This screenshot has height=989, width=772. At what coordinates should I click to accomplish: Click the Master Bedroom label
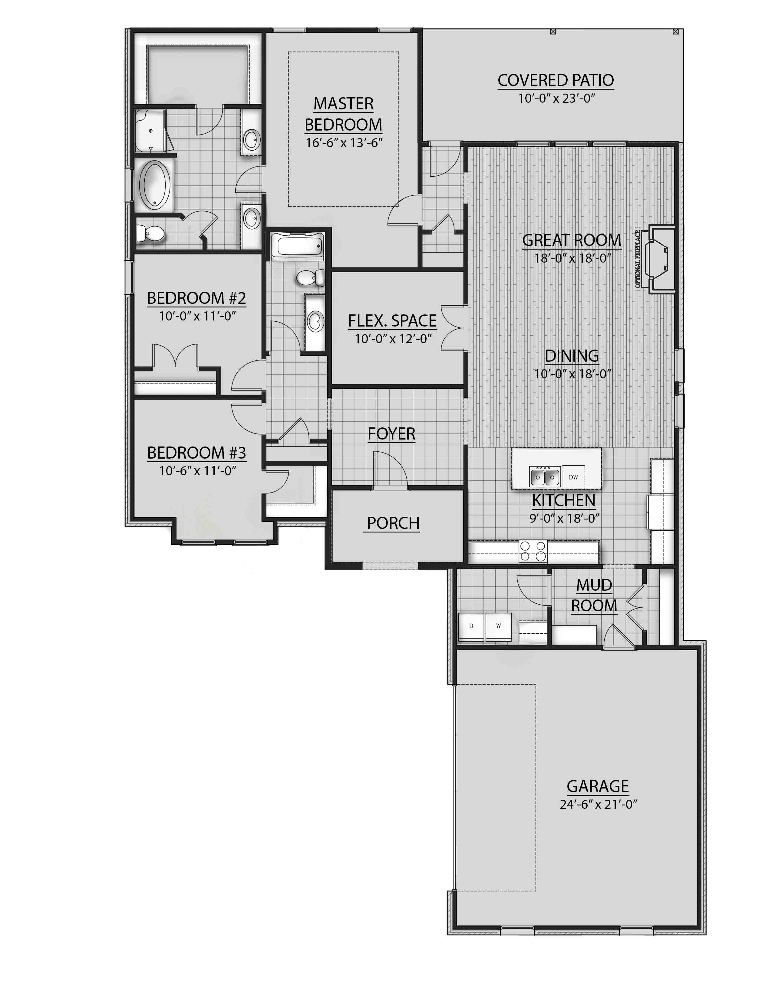(x=343, y=114)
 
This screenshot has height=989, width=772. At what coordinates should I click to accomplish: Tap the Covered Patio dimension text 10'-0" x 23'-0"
(x=556, y=98)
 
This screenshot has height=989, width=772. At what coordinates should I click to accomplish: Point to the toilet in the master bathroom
(x=151, y=234)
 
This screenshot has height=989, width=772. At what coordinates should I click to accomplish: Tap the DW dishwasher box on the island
(x=573, y=477)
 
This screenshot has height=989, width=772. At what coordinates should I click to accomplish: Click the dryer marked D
(x=471, y=626)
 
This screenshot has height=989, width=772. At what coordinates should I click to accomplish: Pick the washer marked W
(x=498, y=626)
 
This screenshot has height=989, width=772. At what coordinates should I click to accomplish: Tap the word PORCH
(x=393, y=523)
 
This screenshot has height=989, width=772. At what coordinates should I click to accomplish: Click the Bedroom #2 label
(x=196, y=298)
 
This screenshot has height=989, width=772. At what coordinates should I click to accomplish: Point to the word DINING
(x=572, y=356)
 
